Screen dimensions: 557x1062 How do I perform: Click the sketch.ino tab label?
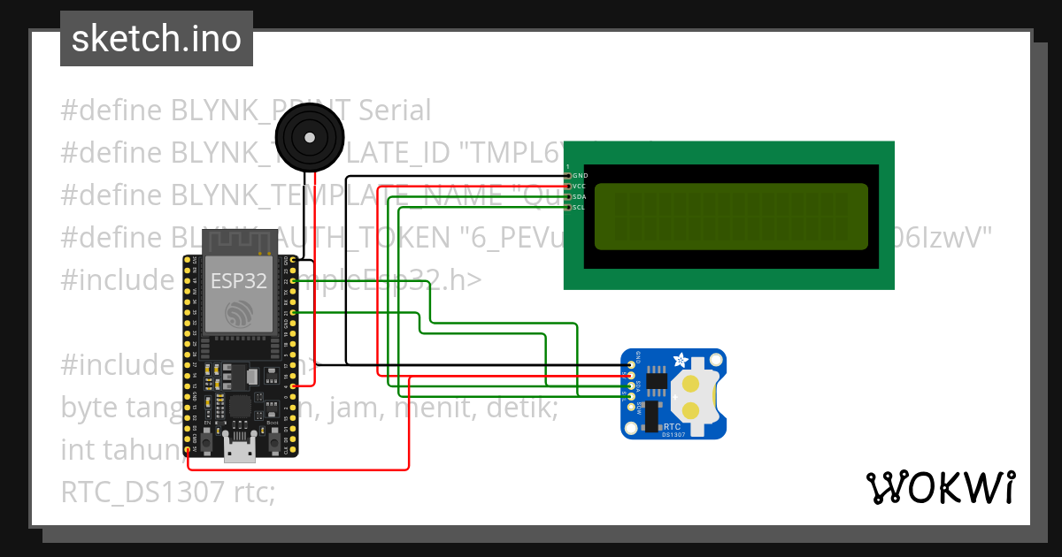[x=156, y=39]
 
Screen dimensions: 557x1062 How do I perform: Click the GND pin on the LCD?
[x=569, y=175]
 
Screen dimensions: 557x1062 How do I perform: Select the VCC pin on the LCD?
[x=569, y=186]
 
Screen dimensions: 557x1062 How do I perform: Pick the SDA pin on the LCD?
[x=569, y=196]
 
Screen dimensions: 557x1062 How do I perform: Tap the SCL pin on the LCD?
[x=569, y=207]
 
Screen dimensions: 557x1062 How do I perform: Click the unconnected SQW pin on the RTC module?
[x=631, y=408]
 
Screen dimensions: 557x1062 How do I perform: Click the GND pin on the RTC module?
[x=631, y=364]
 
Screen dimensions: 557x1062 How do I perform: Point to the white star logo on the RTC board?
[x=681, y=360]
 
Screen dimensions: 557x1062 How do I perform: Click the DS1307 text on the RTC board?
[x=673, y=434]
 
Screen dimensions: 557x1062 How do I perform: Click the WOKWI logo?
[x=940, y=488]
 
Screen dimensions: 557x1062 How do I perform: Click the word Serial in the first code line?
[x=393, y=111]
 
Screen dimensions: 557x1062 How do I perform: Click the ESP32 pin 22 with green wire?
[x=293, y=280]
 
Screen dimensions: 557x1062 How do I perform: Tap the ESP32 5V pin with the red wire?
[x=188, y=451]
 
